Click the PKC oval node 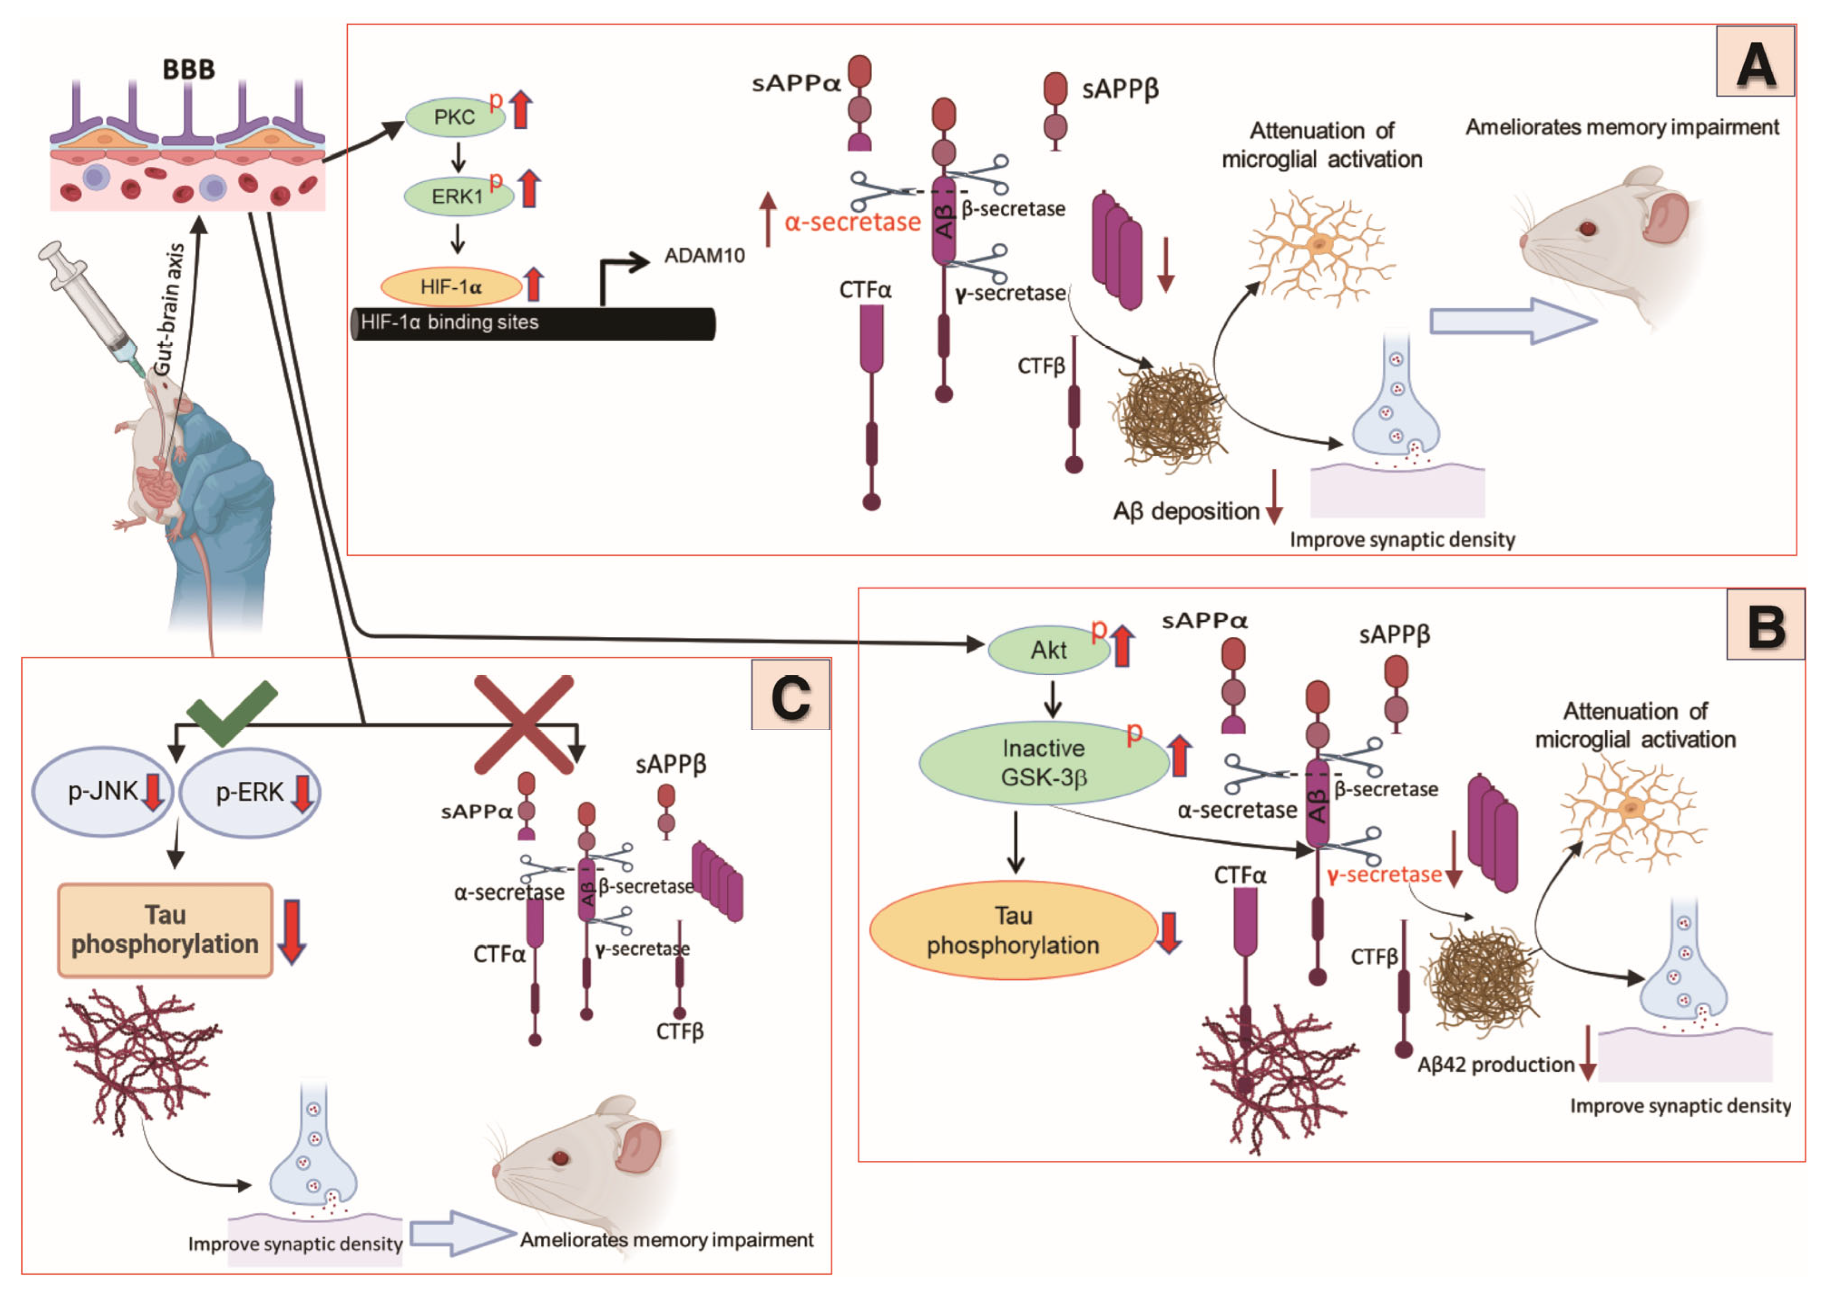pos(454,117)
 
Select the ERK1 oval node pos(457,196)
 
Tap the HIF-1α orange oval pos(450,287)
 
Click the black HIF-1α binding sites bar pos(534,324)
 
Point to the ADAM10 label pos(705,256)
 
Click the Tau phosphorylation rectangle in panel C pos(165,930)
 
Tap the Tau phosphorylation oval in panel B pos(1012,931)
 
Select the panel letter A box pos(1755,62)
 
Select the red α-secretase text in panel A pos(852,222)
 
